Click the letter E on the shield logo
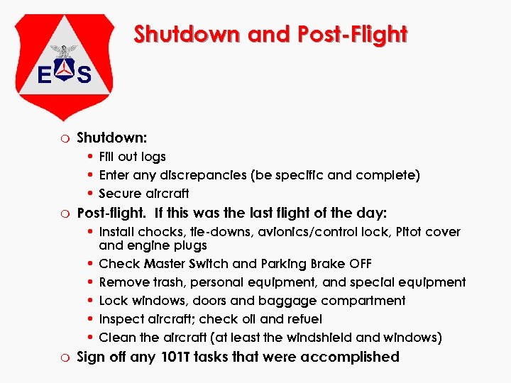pyautogui.click(x=45, y=74)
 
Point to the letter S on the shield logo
pyautogui.click(x=83, y=74)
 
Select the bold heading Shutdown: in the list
pyautogui.click(x=112, y=136)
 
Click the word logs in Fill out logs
pyautogui.click(x=153, y=156)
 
